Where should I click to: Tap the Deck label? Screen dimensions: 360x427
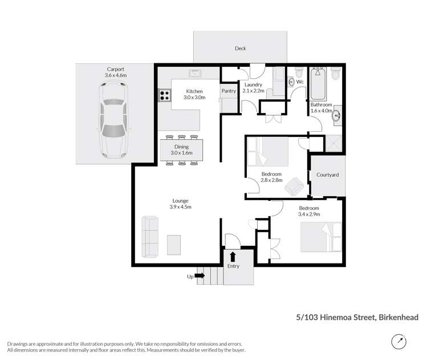point(240,48)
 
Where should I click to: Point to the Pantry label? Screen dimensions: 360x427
point(229,91)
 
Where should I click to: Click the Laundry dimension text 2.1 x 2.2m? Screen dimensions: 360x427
point(254,91)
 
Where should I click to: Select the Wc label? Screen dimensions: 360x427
point(300,82)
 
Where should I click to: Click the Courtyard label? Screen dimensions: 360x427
point(327,174)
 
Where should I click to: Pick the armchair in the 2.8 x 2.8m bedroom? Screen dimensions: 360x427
point(295,185)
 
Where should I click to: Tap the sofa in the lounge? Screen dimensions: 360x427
point(151,236)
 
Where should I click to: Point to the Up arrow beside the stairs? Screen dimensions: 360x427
point(200,276)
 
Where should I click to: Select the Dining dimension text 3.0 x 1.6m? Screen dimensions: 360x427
point(183,152)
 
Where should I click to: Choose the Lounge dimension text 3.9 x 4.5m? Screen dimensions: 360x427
point(180,207)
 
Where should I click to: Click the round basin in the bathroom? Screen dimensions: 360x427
point(337,115)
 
